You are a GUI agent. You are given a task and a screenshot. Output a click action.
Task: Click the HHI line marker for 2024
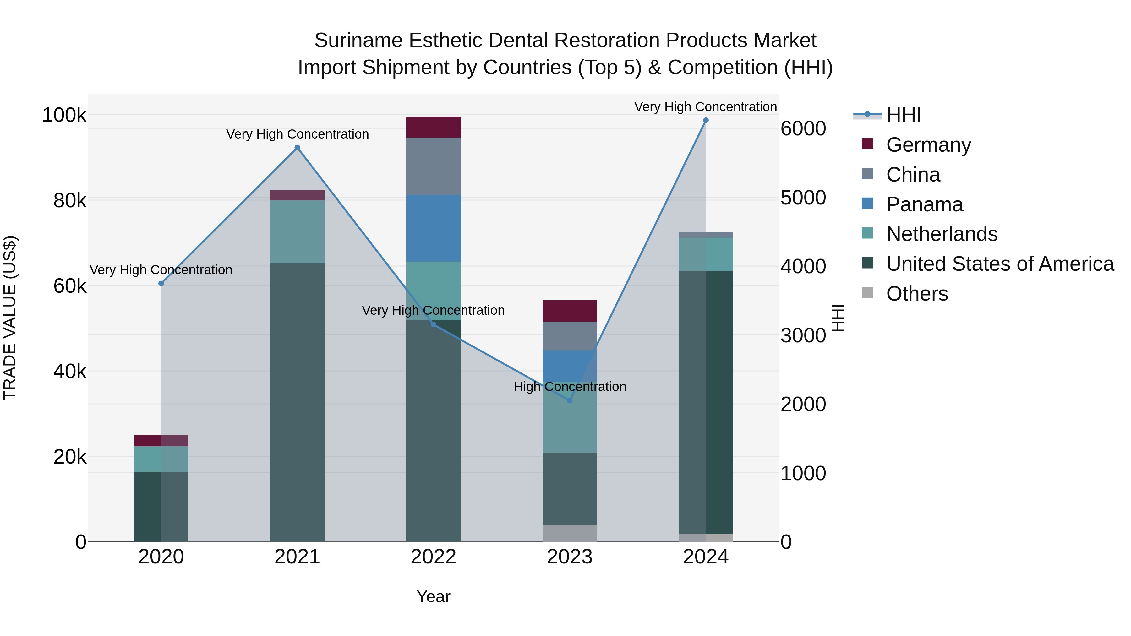tap(706, 120)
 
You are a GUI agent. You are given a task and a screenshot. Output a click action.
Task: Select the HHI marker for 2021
tap(297, 148)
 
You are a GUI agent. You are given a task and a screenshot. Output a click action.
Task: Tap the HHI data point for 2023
tap(570, 400)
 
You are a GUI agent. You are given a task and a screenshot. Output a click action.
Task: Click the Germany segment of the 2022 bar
tap(433, 127)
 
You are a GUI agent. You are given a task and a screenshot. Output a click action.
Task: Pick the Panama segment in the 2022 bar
tap(433, 228)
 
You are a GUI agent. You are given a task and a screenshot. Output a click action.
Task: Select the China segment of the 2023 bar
tap(570, 336)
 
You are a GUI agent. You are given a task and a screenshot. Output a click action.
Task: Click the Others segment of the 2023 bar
tap(570, 533)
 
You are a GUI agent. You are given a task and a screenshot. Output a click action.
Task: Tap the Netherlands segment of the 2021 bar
tap(297, 232)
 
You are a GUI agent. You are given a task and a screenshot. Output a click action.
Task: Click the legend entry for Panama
tap(924, 204)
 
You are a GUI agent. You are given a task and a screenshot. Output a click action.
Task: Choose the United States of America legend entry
tap(1000, 264)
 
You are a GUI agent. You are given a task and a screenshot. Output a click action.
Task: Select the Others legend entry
tap(917, 294)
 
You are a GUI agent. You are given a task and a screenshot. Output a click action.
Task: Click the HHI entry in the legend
tap(903, 115)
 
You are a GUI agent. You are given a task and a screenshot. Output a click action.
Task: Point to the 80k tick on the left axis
tap(69, 201)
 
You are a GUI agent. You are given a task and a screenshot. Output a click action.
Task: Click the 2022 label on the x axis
tap(433, 557)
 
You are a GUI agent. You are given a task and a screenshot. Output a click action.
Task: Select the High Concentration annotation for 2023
tap(570, 387)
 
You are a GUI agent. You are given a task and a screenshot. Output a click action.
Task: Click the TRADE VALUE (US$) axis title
tap(10, 318)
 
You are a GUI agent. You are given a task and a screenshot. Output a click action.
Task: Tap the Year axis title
tap(433, 596)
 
